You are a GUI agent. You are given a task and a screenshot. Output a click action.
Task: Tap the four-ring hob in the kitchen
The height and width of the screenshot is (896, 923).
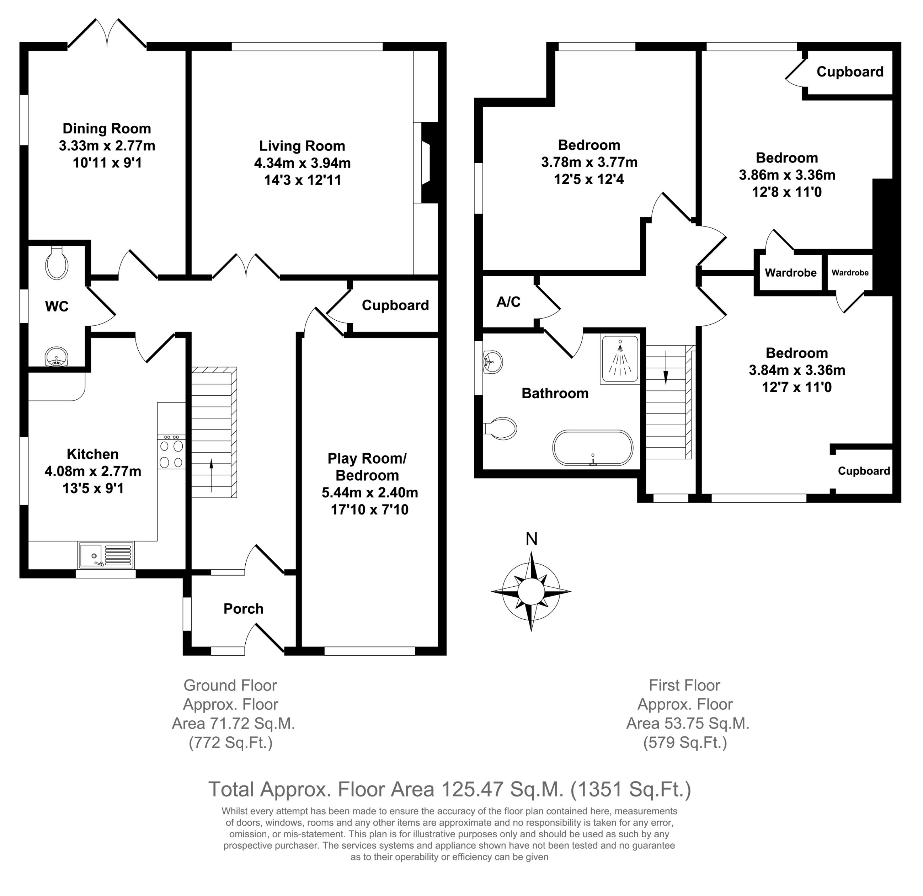(171, 453)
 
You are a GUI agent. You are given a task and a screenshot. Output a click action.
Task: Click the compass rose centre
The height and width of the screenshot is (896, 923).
(531, 591)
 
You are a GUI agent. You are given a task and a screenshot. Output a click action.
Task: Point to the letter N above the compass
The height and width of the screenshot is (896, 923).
(531, 539)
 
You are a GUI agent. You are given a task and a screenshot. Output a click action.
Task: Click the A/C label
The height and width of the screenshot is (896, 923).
(508, 302)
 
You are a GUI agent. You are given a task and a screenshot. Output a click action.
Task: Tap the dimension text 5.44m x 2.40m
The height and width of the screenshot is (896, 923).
(370, 492)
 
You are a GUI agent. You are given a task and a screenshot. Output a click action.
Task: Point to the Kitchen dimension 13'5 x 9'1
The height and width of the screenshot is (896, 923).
(93, 488)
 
